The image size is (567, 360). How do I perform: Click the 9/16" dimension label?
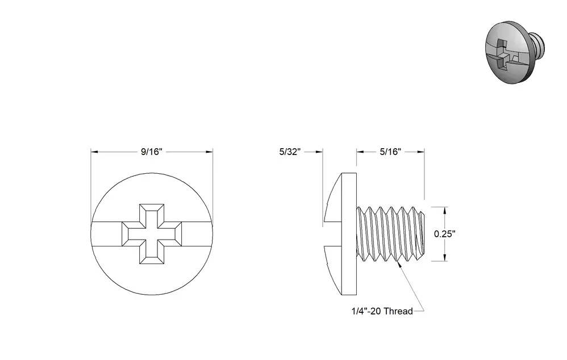(x=152, y=152)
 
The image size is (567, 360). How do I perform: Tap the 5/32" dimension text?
(x=290, y=152)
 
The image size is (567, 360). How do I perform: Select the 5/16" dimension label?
(x=390, y=152)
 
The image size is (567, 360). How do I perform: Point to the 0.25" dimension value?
(x=445, y=234)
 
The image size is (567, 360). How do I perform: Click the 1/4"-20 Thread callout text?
(x=382, y=311)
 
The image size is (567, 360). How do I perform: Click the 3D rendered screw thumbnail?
(x=515, y=52)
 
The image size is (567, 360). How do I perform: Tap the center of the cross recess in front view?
(x=152, y=234)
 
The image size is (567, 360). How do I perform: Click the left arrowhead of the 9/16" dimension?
(x=94, y=152)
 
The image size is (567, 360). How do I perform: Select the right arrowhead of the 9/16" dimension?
(x=210, y=152)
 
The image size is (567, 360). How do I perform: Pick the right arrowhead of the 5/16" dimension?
(x=421, y=152)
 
